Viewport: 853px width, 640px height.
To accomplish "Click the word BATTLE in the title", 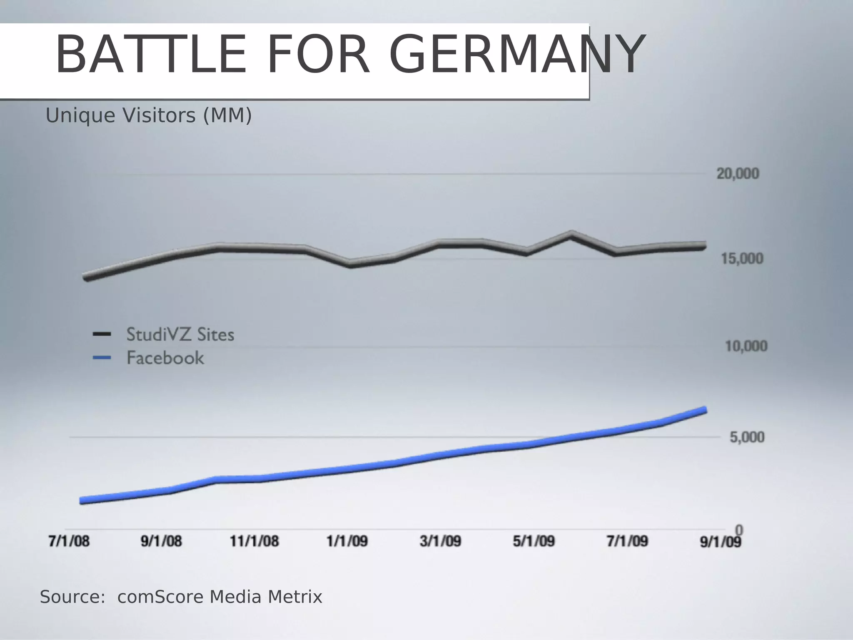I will click(151, 55).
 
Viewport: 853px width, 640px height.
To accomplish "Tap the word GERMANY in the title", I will click(516, 55).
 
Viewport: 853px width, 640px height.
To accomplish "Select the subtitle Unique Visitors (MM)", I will click(149, 115).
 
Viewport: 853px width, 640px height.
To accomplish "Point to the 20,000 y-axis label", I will click(738, 174).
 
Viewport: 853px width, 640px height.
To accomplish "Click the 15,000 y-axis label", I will click(742, 259).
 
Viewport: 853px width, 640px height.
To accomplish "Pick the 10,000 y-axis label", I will click(746, 346).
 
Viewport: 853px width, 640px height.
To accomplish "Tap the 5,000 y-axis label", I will click(747, 437).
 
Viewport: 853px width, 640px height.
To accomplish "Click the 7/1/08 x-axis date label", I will click(69, 541).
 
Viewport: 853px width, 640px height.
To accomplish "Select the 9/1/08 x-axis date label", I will click(161, 541).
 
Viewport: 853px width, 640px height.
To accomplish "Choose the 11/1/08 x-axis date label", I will click(254, 541).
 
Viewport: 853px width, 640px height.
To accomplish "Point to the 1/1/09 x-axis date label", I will click(347, 541).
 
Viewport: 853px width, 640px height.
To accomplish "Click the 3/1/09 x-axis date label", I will click(440, 541).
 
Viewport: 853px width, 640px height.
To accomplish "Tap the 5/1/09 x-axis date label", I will click(534, 541).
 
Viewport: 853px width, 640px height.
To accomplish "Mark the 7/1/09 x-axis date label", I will click(627, 541).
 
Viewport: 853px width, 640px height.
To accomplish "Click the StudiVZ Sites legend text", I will click(180, 335).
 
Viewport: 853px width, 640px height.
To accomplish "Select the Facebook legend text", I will click(165, 358).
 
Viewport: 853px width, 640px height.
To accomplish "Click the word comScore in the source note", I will click(161, 597).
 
